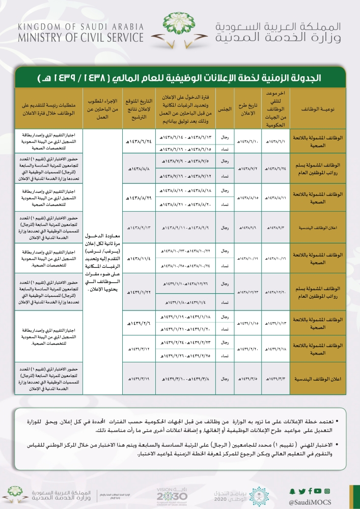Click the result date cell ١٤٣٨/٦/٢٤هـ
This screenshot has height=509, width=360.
[139, 143]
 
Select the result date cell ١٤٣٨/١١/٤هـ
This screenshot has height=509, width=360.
[139, 259]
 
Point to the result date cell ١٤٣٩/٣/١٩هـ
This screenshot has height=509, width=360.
[139, 379]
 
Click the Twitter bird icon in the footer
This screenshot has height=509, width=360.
[301, 491]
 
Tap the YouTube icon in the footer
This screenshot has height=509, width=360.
[318, 491]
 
